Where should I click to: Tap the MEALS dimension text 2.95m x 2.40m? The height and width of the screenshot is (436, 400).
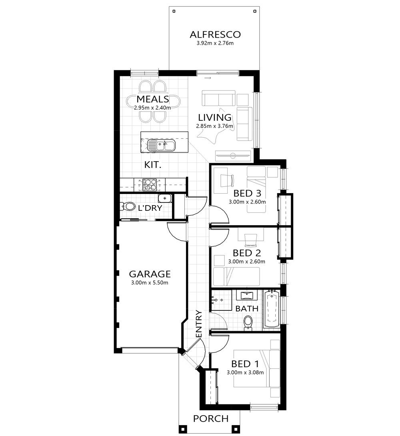(x=152, y=108)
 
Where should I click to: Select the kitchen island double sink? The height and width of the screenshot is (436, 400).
(x=161, y=144)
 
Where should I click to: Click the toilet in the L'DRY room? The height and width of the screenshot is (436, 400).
(x=128, y=207)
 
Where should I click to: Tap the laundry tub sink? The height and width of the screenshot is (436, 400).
(x=164, y=198)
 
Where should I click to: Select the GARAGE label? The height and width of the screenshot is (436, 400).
(x=150, y=274)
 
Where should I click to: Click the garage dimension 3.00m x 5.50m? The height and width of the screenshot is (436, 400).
(x=150, y=283)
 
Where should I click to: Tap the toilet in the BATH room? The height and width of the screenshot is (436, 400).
(x=248, y=322)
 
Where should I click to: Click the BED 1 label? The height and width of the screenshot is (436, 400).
(x=245, y=364)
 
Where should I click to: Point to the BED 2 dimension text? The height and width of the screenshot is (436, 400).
(x=247, y=262)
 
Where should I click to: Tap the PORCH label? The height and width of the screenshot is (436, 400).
(x=211, y=419)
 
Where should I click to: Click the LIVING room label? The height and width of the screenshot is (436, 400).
(x=215, y=118)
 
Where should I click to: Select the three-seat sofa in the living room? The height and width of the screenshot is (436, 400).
(x=218, y=98)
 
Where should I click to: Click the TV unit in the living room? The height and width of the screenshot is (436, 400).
(x=233, y=154)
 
